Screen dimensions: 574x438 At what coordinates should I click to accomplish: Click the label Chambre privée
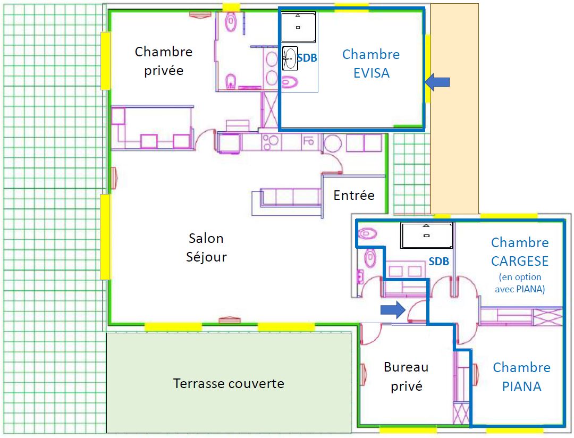[x=164, y=61]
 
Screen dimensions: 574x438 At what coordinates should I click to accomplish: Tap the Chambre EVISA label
[x=371, y=63]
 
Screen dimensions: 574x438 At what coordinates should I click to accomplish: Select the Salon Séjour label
[x=206, y=247]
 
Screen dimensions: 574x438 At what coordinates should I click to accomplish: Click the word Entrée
[x=354, y=195]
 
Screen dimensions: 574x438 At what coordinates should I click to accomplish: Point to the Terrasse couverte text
[x=229, y=383]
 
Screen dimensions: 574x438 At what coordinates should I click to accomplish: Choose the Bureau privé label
[x=406, y=376]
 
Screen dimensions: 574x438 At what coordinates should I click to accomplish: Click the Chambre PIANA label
[x=522, y=377]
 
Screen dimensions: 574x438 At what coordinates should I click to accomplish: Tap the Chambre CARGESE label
[x=520, y=251]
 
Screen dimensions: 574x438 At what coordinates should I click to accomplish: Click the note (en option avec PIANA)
[x=520, y=283]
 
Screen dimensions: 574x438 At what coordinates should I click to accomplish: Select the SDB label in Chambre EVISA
[x=307, y=58]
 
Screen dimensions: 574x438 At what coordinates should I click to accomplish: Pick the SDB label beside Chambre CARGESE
[x=438, y=262]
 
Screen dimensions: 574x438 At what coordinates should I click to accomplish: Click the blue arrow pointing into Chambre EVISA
[x=437, y=82]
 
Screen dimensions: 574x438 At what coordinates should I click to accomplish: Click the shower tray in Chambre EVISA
[x=298, y=27]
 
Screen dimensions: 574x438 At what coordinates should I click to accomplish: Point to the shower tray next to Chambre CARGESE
[x=426, y=235]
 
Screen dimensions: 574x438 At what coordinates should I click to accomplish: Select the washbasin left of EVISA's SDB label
[x=290, y=58]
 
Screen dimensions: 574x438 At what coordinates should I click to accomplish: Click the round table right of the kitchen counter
[x=332, y=143]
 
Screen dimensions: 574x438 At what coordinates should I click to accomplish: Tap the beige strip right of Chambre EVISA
[x=454, y=109]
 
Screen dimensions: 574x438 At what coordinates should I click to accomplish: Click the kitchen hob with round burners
[x=271, y=142]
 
